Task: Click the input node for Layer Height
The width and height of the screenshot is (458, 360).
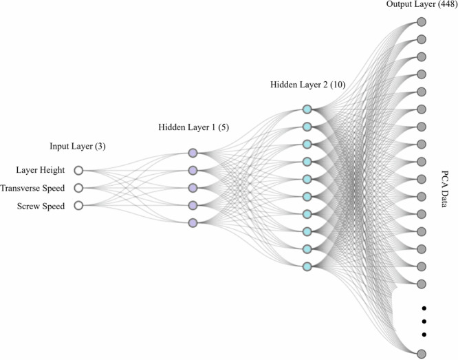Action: click(78, 170)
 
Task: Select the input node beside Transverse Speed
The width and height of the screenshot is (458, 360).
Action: click(78, 187)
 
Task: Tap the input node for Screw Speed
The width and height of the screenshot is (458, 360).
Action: click(78, 205)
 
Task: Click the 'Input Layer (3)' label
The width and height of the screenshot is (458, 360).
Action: click(78, 147)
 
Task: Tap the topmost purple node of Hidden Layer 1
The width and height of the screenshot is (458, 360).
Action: click(193, 153)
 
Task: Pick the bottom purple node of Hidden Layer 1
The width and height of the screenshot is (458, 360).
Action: click(193, 222)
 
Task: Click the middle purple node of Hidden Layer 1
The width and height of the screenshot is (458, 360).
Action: click(193, 188)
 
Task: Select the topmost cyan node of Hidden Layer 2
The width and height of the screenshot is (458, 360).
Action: click(307, 109)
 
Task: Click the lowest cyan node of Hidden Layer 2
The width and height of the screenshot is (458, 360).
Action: click(307, 266)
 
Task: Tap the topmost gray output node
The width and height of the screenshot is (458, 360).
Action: click(421, 21)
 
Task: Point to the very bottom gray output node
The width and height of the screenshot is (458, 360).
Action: click(421, 353)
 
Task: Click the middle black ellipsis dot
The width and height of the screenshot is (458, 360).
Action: click(424, 321)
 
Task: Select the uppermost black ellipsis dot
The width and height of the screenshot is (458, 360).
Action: click(424, 307)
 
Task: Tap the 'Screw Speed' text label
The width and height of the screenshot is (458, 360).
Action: click(41, 205)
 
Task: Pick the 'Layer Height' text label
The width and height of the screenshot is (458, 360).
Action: click(40, 170)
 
